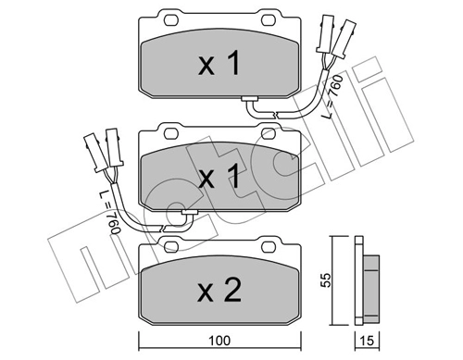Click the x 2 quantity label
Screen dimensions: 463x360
pyautogui.click(x=219, y=290)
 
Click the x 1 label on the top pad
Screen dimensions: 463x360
pyautogui.click(x=219, y=64)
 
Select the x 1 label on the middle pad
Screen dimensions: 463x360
pyautogui.click(x=219, y=176)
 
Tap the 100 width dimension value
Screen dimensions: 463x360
pyautogui.click(x=219, y=341)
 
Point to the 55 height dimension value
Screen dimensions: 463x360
pyautogui.click(x=326, y=280)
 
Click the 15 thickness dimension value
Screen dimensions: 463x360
pyautogui.click(x=367, y=341)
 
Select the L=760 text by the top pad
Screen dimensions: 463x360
pyautogui.click(x=332, y=96)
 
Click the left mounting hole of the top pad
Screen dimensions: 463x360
pyautogui.click(x=171, y=20)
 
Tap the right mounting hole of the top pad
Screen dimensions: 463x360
pyautogui.click(x=268, y=20)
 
